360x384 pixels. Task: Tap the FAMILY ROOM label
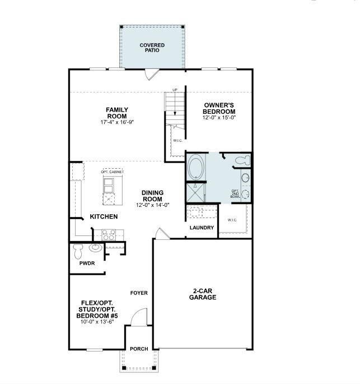tap(117, 113)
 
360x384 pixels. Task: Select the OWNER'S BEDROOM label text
tap(219, 108)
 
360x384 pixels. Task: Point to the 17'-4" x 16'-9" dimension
tap(117, 122)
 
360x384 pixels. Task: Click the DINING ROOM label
tap(152, 196)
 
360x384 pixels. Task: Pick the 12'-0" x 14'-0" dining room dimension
tap(152, 205)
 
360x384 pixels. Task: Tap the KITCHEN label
tap(104, 216)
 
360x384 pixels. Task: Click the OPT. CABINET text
tap(112, 172)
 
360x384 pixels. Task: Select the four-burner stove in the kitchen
tap(109, 234)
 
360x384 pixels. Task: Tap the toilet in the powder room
tap(78, 248)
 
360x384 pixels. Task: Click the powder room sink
tap(96, 248)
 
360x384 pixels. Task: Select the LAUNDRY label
tap(202, 228)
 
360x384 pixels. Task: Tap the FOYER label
tap(139, 293)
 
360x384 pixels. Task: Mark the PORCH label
tap(139, 349)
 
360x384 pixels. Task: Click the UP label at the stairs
tap(175, 90)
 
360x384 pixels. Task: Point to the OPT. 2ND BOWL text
tap(235, 193)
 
